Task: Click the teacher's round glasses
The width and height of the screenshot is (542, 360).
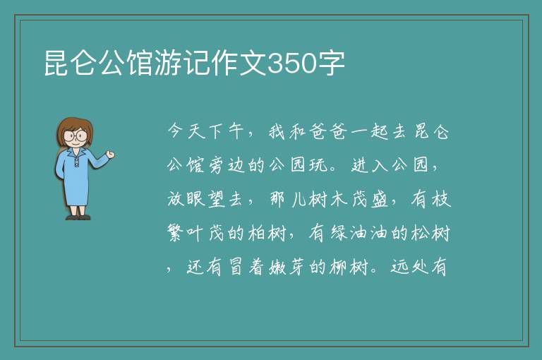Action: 76,135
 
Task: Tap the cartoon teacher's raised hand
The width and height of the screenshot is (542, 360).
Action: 110,155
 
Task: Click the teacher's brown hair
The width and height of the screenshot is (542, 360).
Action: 74,128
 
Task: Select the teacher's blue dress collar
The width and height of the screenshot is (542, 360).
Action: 76,153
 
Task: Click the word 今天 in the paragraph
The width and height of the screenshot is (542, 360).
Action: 186,131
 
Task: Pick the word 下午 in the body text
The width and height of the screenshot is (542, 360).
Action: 227,131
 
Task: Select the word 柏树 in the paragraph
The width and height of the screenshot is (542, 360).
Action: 267,233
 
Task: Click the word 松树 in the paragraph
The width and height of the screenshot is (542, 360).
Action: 430,233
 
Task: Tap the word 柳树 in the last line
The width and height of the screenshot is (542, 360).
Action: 349,267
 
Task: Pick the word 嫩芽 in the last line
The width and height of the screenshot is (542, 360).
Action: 288,267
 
